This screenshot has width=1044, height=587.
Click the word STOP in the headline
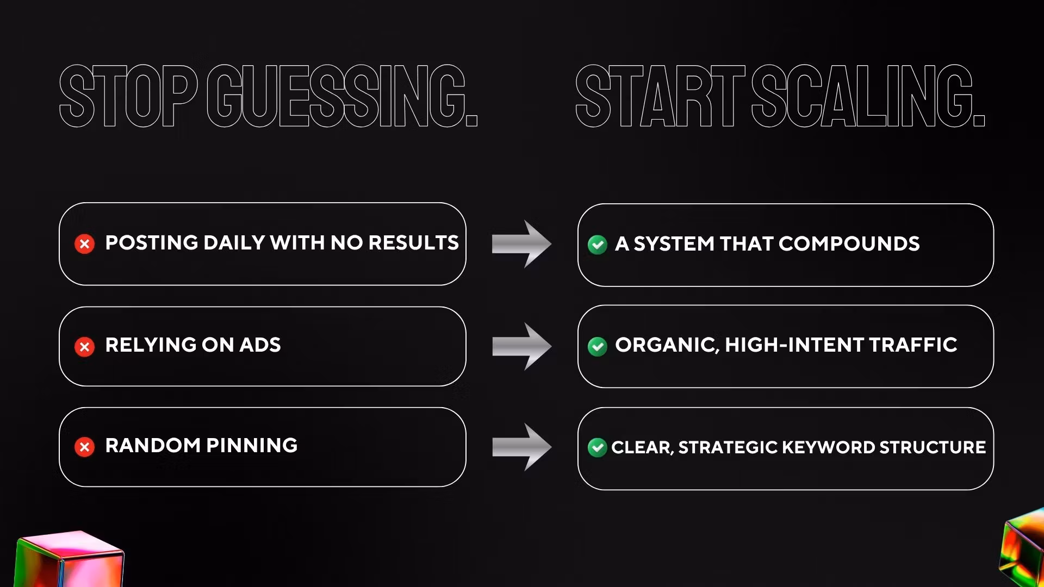coord(128,96)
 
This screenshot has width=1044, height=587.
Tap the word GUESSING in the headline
coord(342,96)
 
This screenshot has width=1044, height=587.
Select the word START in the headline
coord(660,96)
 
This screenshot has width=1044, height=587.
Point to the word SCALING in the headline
coord(868,96)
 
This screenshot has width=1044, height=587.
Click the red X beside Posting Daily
coord(84,244)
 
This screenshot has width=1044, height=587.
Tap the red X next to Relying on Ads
coord(84,346)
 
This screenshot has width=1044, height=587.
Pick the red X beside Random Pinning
coord(84,447)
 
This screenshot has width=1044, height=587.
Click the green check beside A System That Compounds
coord(597,245)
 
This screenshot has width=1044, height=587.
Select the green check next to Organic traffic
coord(597,346)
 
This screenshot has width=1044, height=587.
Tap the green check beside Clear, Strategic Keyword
coord(597,447)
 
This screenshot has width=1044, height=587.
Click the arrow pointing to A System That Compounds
coord(522,244)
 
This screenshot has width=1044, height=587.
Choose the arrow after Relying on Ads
coord(522,346)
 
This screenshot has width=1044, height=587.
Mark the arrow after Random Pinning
coord(522,447)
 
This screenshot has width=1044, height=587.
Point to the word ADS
coord(260,345)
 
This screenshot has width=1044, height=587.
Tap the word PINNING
coord(252,446)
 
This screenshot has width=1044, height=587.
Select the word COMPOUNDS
coord(849,244)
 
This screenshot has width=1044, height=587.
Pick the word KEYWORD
coord(828,447)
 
